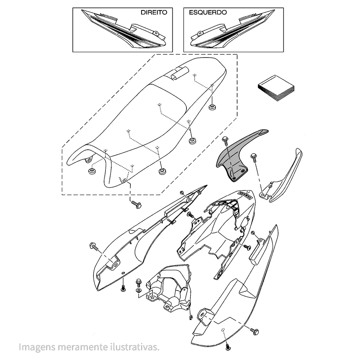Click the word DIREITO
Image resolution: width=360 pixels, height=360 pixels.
coord(154,12)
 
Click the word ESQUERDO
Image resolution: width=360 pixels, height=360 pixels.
coord(208,12)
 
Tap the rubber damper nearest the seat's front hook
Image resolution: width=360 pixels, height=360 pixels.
coord(92,170)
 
